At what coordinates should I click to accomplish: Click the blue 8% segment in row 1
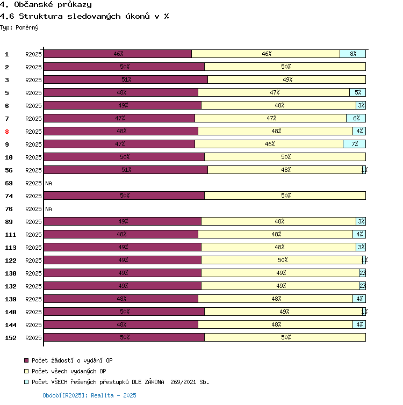(352, 54)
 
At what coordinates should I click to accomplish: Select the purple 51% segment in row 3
(125, 79)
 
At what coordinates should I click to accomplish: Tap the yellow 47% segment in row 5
(274, 92)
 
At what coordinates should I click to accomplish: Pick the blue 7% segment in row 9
(354, 144)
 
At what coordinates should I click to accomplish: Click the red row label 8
(7, 132)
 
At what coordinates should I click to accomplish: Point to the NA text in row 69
(48, 183)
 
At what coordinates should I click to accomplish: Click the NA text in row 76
(48, 209)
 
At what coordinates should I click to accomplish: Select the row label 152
(11, 338)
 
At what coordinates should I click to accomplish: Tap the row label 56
(9, 170)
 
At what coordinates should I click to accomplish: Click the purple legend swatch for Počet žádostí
(26, 360)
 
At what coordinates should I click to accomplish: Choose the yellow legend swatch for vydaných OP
(26, 371)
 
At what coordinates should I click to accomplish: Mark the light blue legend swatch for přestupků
(26, 382)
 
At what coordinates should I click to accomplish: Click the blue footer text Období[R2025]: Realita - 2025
(89, 395)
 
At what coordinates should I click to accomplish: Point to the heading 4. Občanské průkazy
(46, 5)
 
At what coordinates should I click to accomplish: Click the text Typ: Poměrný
(19, 27)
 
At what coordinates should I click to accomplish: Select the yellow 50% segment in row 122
(282, 260)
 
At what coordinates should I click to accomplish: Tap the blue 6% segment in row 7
(356, 118)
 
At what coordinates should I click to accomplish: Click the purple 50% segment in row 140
(124, 312)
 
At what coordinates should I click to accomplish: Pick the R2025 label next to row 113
(33, 248)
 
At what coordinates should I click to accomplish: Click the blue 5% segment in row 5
(357, 92)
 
